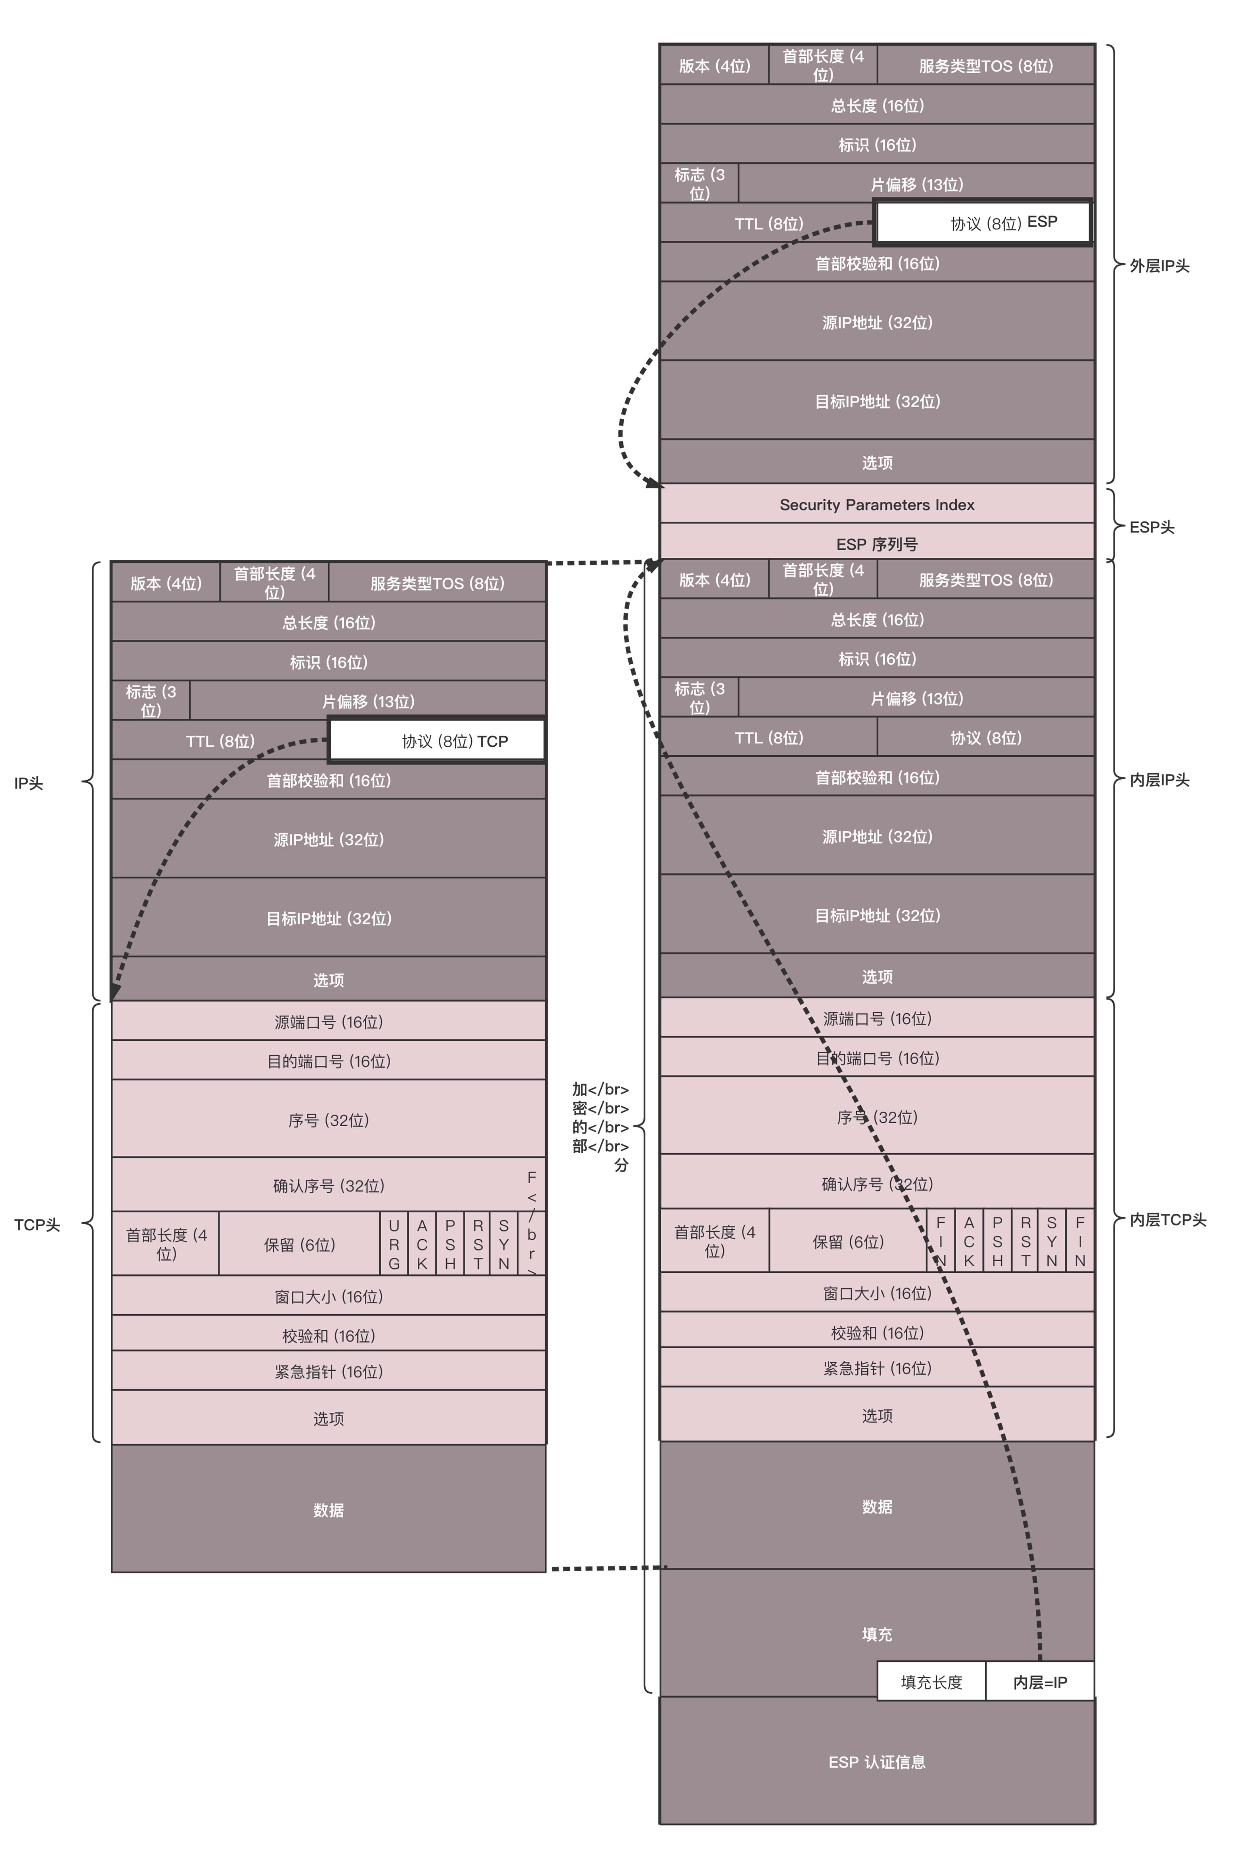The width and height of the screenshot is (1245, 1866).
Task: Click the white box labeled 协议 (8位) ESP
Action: point(983,222)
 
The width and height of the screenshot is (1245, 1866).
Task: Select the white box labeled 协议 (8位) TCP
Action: point(437,741)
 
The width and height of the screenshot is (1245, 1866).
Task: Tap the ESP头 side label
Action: point(1151,527)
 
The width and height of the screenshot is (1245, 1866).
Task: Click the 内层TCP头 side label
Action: point(1167,1220)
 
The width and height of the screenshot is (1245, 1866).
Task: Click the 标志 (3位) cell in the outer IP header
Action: point(699,183)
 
